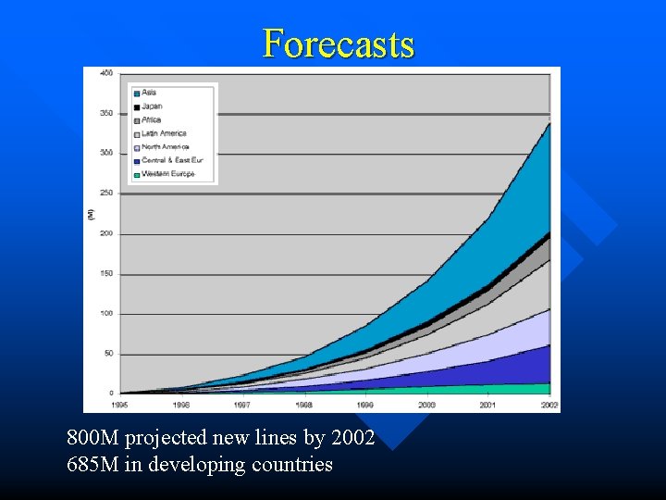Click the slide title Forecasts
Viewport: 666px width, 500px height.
point(339,44)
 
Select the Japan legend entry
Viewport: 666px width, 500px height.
point(152,106)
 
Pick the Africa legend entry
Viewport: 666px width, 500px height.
point(151,119)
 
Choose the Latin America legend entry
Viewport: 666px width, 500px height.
point(163,133)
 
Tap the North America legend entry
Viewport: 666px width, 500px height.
point(165,147)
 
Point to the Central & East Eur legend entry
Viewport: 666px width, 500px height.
point(171,160)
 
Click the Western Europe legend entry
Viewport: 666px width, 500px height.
point(167,174)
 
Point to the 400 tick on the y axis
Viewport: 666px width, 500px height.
point(106,72)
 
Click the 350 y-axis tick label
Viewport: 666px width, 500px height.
point(106,113)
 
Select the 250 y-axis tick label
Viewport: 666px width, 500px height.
point(106,193)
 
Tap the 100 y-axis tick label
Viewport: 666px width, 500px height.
point(106,313)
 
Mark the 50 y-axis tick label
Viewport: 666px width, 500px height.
point(108,353)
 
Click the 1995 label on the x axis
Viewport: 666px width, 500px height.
point(121,405)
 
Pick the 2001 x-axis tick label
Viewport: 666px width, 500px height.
point(487,405)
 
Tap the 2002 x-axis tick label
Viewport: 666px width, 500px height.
point(549,405)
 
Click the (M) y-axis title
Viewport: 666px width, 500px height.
point(90,214)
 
